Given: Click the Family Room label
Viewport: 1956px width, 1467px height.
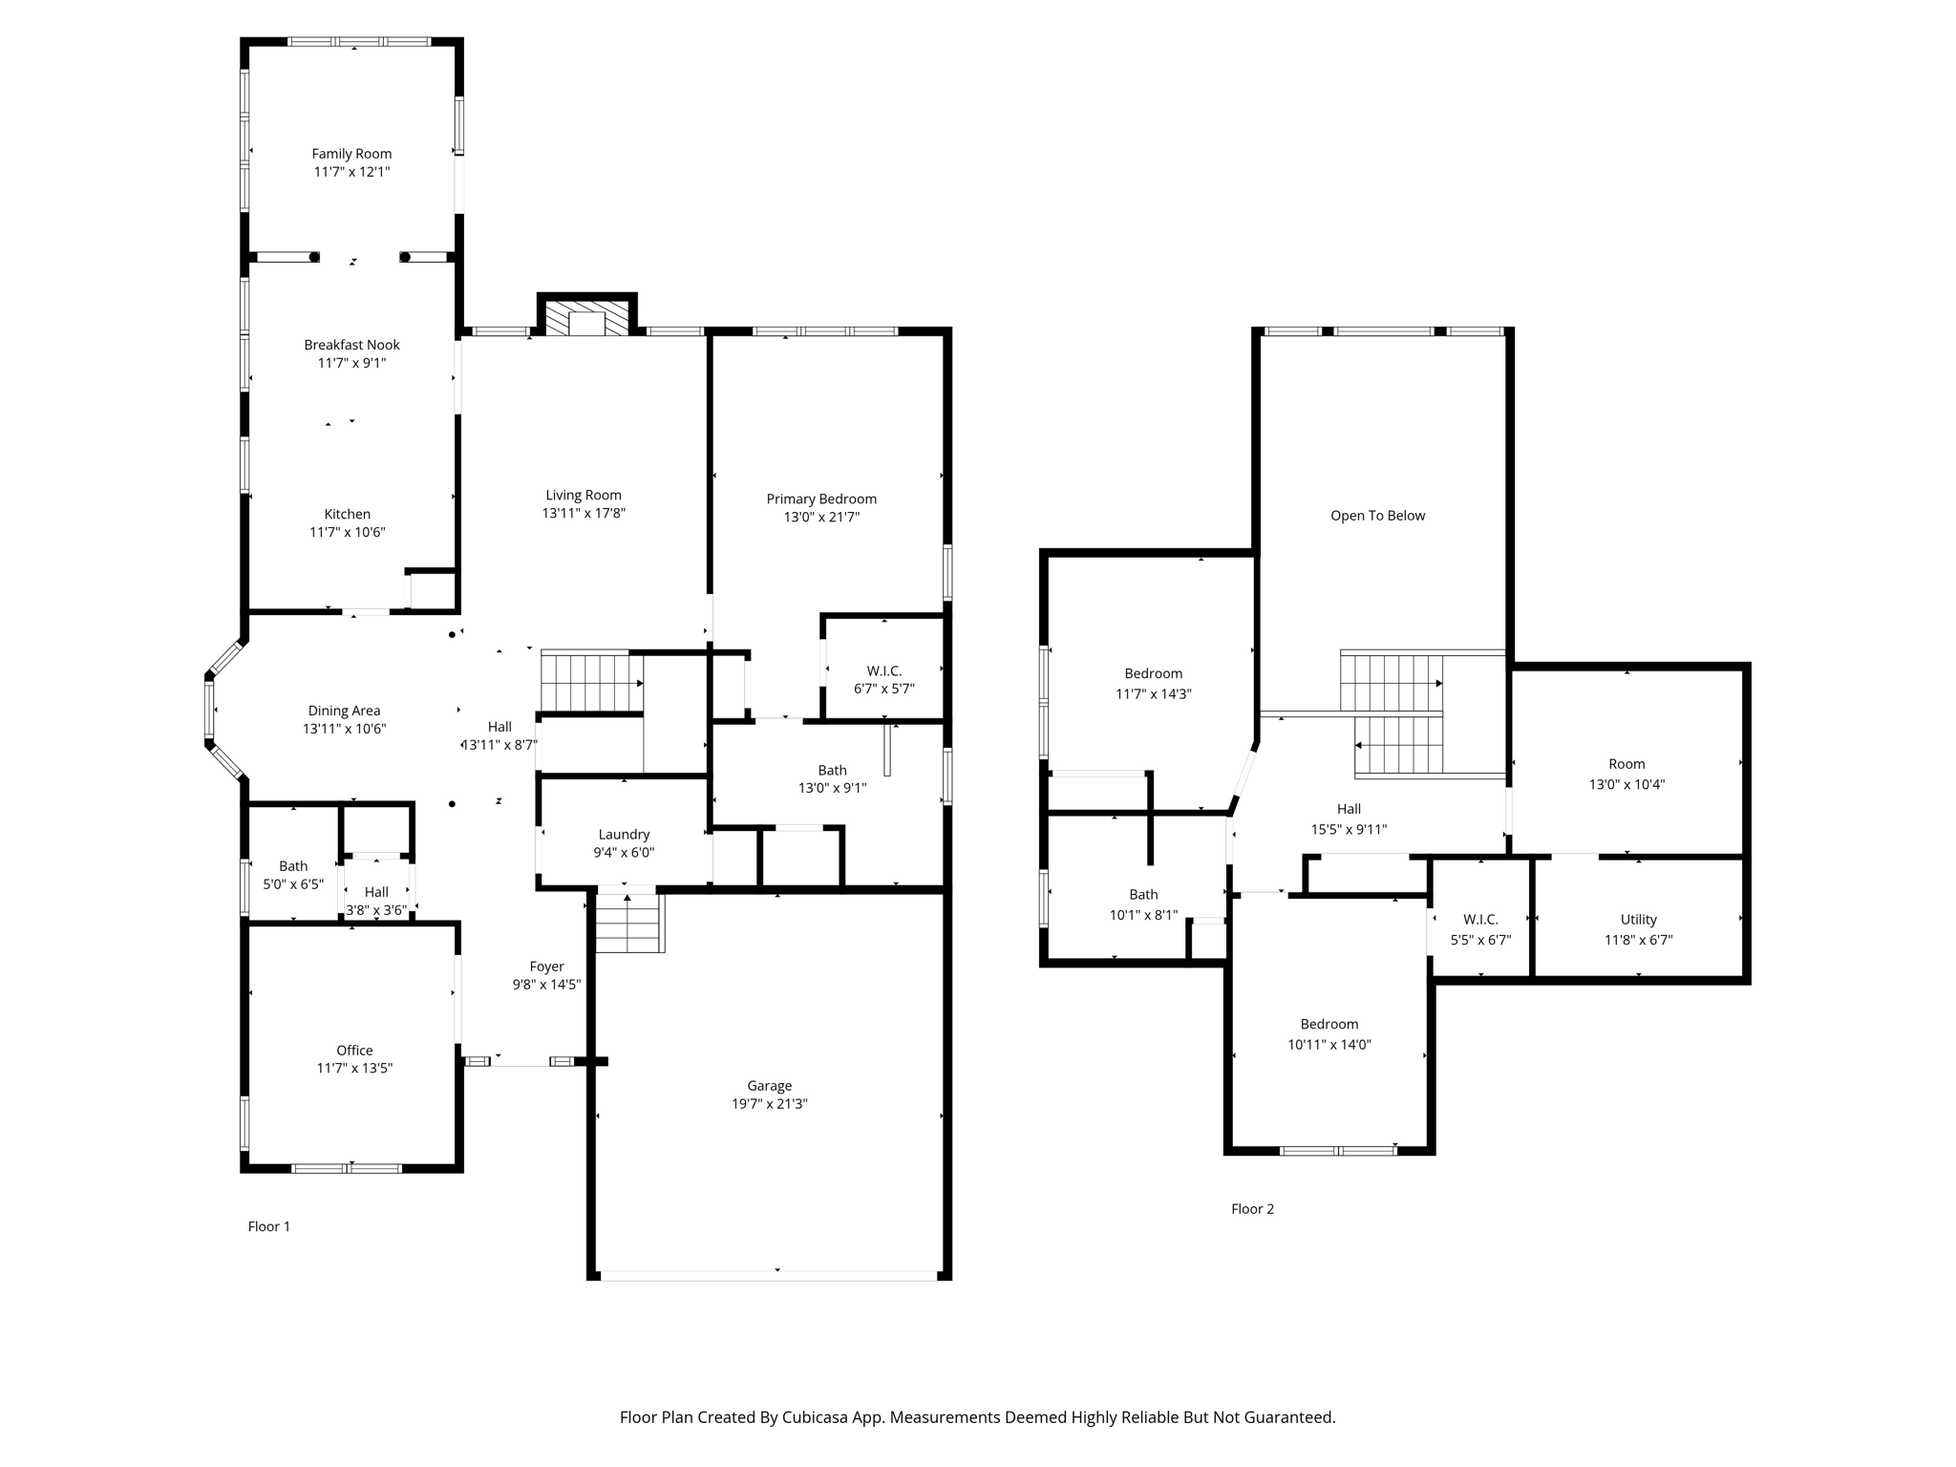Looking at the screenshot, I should pos(351,154).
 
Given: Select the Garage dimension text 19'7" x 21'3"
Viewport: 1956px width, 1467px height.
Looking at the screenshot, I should pos(769,1104).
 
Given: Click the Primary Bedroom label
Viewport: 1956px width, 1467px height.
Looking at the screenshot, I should pos(821,499).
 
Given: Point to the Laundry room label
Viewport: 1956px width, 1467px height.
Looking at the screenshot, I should pos(624,835).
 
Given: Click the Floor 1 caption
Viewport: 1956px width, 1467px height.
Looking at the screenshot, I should pos(268,1226).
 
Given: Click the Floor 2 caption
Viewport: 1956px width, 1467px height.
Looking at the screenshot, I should pos(1252,1209).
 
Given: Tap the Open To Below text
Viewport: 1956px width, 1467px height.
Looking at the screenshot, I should pos(1377,516).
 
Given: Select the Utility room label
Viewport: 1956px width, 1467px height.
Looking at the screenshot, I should pos(1638,920).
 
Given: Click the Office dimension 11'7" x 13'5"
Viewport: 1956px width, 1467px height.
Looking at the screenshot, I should pos(354,1069).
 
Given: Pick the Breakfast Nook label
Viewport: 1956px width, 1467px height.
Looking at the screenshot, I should pos(351,345).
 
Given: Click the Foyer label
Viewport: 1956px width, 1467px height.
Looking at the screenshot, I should pos(546,967).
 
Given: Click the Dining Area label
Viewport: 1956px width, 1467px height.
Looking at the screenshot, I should pos(344,711).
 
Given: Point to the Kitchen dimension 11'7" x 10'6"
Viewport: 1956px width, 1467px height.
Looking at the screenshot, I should pos(347,532).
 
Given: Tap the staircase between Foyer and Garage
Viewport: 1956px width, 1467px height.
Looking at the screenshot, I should pos(629,921).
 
